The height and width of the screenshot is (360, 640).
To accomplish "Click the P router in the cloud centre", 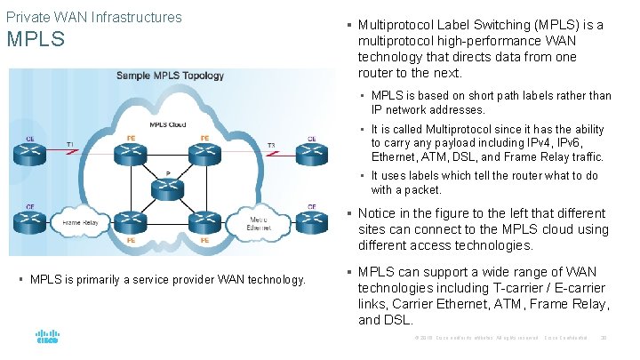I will (166, 188).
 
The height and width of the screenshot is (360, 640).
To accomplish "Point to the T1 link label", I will (70, 144).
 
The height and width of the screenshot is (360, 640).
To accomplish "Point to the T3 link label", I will (271, 144).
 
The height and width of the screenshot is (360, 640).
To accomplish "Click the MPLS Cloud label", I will (167, 125).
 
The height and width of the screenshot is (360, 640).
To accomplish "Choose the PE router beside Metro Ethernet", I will (204, 221).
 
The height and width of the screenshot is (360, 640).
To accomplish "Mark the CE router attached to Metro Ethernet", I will (312, 221).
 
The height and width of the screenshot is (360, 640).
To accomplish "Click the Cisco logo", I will (47, 338).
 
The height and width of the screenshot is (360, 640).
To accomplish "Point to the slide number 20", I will (604, 339).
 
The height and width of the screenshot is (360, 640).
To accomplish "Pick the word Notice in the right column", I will (378, 213).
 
